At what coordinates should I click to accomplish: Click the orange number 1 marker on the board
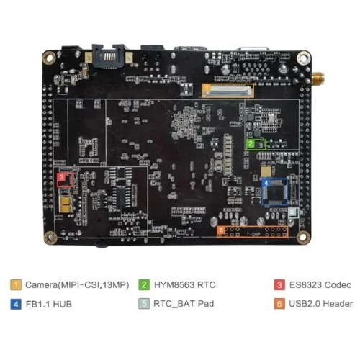pos(207,88)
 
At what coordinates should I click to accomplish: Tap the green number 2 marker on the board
pos(251,143)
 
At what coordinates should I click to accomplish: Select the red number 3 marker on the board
pos(61,177)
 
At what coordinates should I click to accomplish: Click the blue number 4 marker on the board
pos(266,183)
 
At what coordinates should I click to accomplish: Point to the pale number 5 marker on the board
pos(292,212)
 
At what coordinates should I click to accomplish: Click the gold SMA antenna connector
pos(318,78)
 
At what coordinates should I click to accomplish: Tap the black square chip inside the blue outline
pos(276,193)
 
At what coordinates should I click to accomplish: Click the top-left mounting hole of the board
pos(49,58)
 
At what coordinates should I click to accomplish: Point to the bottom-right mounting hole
pos(303,237)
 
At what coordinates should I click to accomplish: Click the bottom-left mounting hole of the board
pos(50,238)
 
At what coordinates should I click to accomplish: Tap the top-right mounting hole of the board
pos(303,58)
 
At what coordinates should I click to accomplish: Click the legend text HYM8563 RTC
pos(185,285)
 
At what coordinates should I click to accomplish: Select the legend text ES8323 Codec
pos(320,285)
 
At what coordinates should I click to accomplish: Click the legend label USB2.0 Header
pos(321,304)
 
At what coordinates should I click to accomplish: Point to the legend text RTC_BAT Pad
pos(184,304)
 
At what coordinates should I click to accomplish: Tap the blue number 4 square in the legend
pos(16,304)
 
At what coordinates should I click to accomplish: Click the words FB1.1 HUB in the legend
pos(49,304)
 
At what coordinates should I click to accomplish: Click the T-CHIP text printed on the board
pos(253,234)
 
